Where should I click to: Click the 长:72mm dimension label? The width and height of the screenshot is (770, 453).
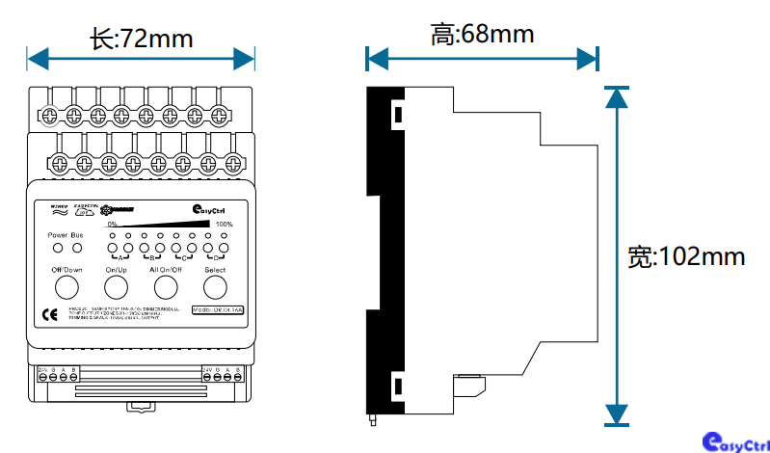[x=141, y=39]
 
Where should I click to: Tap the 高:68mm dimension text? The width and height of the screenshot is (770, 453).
[x=482, y=36]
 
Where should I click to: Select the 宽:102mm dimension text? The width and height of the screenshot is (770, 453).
[x=685, y=256]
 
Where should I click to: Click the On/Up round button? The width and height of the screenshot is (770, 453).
[x=117, y=288]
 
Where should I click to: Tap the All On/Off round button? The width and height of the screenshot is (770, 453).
[x=166, y=288]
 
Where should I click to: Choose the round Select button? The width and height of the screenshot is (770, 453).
[x=215, y=288]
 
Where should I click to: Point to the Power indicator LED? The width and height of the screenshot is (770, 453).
[x=58, y=248]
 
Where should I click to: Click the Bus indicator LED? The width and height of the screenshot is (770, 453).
[x=77, y=248]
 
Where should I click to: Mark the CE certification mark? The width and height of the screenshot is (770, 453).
[x=51, y=313]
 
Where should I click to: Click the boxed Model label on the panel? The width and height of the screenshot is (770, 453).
[x=218, y=309]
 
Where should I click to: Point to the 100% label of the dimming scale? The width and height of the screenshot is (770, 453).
[x=225, y=225]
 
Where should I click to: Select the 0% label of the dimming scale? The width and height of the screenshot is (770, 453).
[x=112, y=225]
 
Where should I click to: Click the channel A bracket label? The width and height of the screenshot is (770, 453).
[x=120, y=257]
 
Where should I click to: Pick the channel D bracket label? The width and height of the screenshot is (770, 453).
[x=216, y=257]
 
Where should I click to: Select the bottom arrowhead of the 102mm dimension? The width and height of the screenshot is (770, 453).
[x=617, y=415]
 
